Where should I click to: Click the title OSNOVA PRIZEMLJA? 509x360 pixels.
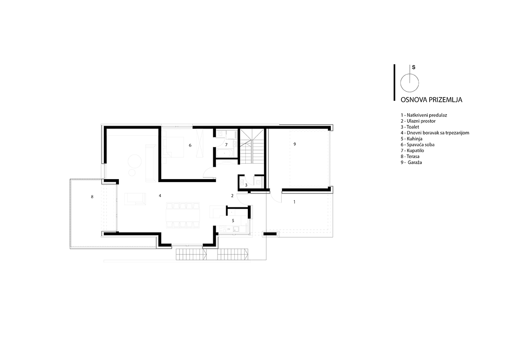pyautogui.click(x=431, y=100)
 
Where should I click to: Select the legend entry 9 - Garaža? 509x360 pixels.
pyautogui.click(x=411, y=162)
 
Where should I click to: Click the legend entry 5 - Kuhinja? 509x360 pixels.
pyautogui.click(x=411, y=139)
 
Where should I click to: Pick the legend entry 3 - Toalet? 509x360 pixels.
pyautogui.click(x=410, y=127)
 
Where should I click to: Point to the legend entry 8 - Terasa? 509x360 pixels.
pyautogui.click(x=410, y=156)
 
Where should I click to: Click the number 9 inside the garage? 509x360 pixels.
pyautogui.click(x=295, y=144)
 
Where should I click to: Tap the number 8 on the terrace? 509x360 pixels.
pyautogui.click(x=92, y=197)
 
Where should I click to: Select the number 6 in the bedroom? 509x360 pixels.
pyautogui.click(x=190, y=145)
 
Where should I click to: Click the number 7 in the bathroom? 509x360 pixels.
pyautogui.click(x=226, y=145)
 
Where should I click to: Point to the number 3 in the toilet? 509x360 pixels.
pyautogui.click(x=246, y=185)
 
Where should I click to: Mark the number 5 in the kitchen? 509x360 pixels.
pyautogui.click(x=233, y=221)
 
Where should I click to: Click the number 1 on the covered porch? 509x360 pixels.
pyautogui.click(x=294, y=202)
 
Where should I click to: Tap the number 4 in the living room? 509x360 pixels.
pyautogui.click(x=160, y=196)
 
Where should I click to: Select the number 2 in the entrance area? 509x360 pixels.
pyautogui.click(x=232, y=196)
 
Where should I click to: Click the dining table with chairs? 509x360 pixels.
pyautogui.click(x=183, y=215)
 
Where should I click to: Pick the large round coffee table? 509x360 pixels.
pyautogui.click(x=134, y=161)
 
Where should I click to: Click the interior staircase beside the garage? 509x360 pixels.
pyautogui.click(x=252, y=147)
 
